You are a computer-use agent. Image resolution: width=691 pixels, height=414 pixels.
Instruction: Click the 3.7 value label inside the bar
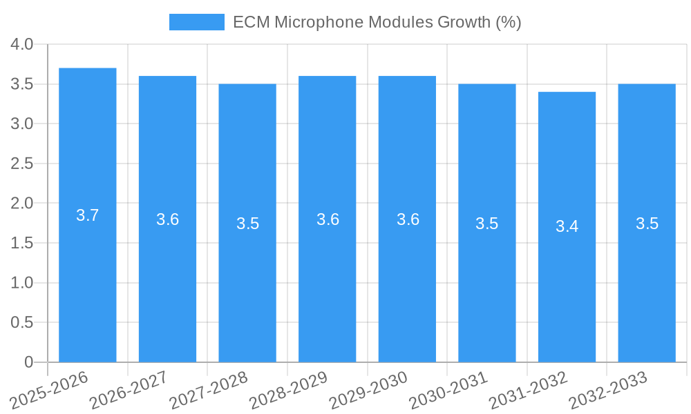tap(88, 215)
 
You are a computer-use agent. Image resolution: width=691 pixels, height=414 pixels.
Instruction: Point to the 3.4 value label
tap(567, 226)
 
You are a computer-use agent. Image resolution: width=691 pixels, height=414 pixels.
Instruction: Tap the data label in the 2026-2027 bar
tap(167, 219)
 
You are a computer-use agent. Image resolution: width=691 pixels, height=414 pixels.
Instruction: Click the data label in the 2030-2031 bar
tap(487, 224)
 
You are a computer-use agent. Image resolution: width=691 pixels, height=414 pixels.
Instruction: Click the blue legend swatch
tap(196, 22)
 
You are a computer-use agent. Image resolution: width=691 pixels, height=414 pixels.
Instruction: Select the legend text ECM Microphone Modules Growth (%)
tap(377, 22)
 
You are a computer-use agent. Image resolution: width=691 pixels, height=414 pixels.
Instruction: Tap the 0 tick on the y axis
tap(28, 362)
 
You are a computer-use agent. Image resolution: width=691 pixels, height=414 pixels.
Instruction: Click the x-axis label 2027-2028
tap(208, 391)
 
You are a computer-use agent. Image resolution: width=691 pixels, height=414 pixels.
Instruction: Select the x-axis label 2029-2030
tap(368, 391)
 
